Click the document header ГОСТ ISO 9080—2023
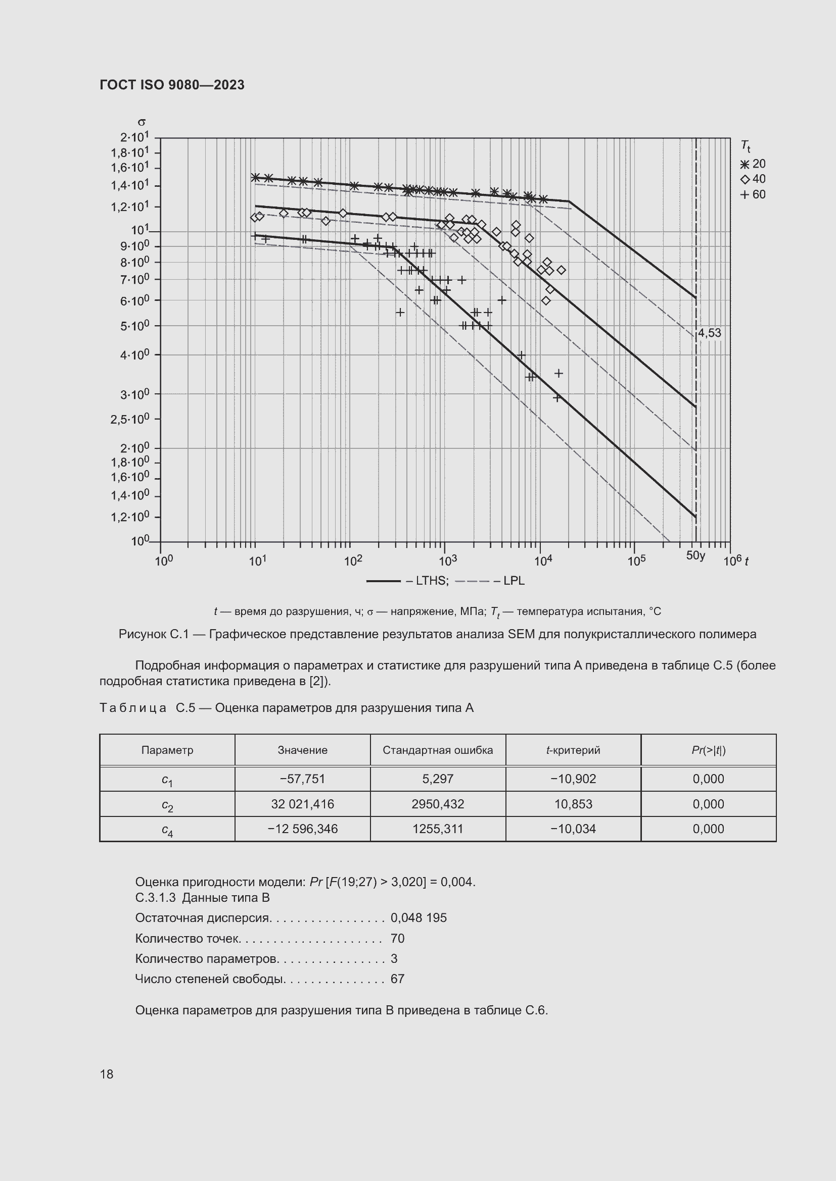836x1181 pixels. coord(172,85)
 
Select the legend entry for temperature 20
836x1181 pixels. coord(753,164)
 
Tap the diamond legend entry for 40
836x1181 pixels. coord(753,179)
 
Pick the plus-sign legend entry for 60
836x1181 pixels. coord(753,194)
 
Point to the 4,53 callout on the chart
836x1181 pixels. coord(709,333)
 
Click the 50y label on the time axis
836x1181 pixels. coord(695,555)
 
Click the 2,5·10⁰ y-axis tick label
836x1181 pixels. coord(130,419)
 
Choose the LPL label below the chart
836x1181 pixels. coord(513,581)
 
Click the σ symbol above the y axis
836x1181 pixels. coord(142,122)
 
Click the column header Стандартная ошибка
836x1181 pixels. coord(438,750)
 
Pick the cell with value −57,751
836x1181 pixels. coord(302,779)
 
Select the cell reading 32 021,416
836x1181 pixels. coord(302,804)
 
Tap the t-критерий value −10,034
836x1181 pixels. coord(573,829)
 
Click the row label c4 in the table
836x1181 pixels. coord(167,830)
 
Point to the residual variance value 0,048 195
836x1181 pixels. coord(419,917)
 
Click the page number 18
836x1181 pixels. coord(107,1074)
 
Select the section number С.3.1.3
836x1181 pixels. coord(155,898)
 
